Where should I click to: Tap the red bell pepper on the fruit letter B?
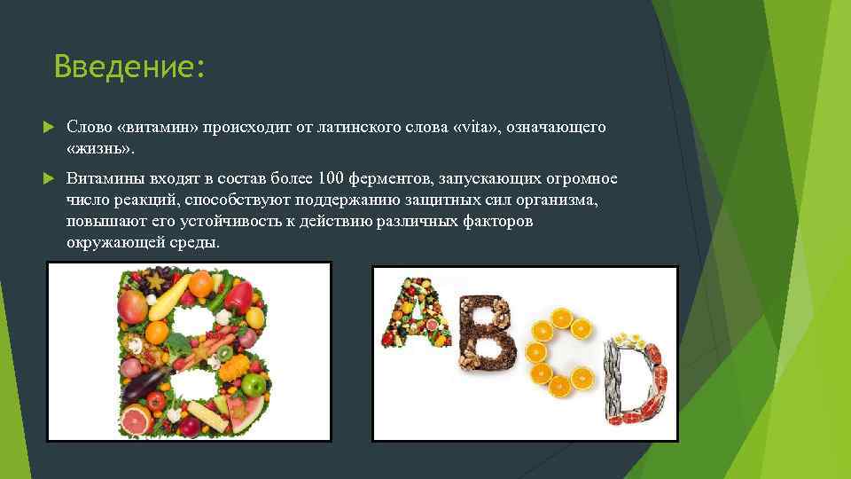[237, 295]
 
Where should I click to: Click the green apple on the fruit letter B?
[254, 385]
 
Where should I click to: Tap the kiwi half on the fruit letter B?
[225, 353]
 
